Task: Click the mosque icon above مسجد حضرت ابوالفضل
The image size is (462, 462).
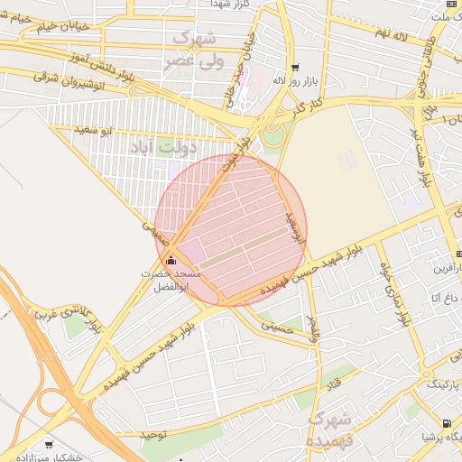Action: click(x=171, y=260)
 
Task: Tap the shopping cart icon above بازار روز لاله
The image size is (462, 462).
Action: click(x=294, y=69)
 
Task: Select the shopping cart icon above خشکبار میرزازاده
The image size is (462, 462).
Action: click(x=48, y=445)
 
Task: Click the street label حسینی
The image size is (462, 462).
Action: click(x=276, y=326)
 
